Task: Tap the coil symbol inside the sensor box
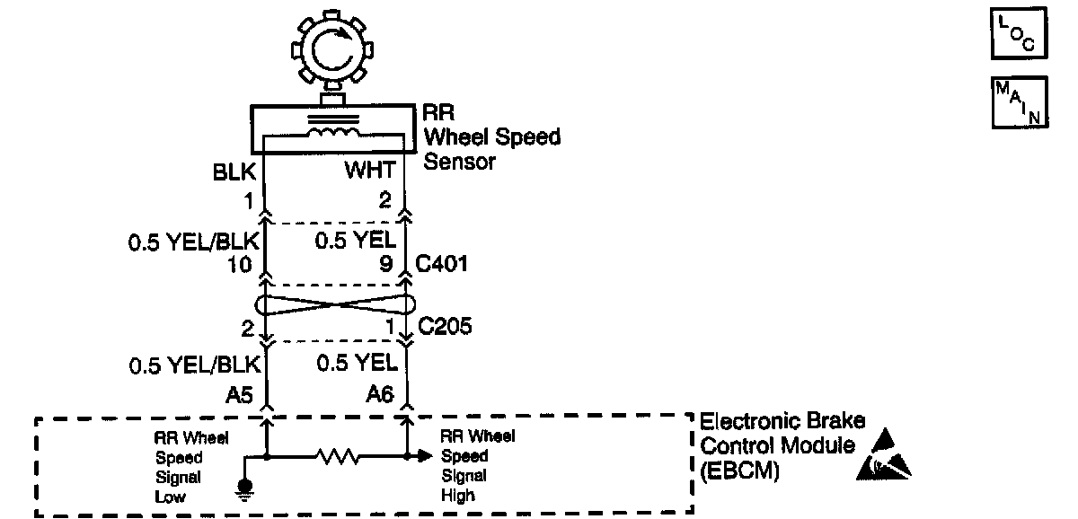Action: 333,133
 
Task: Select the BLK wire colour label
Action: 234,172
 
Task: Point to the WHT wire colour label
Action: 370,172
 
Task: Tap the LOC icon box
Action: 1020,35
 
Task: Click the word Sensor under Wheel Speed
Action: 459,163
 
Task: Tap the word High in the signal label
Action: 456,495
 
